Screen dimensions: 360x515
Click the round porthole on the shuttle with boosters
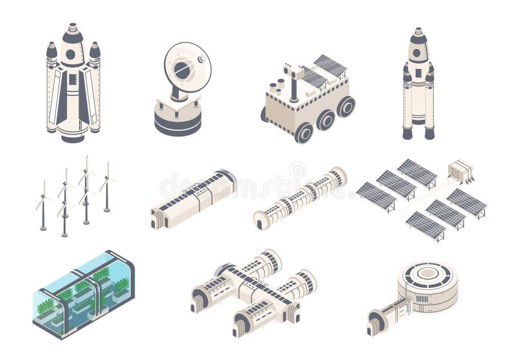pyautogui.click(x=71, y=54)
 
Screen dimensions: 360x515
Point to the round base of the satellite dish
pyautogui.click(x=178, y=119)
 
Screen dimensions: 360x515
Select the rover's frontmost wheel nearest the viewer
pyautogui.click(x=303, y=133)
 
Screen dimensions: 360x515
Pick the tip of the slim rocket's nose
pyautogui.click(x=418, y=29)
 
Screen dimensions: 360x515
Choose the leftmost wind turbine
pyautogui.click(x=43, y=206)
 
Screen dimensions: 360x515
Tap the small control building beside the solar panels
pyautogui.click(x=460, y=171)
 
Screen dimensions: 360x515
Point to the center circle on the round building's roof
pyautogui.click(x=427, y=275)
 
